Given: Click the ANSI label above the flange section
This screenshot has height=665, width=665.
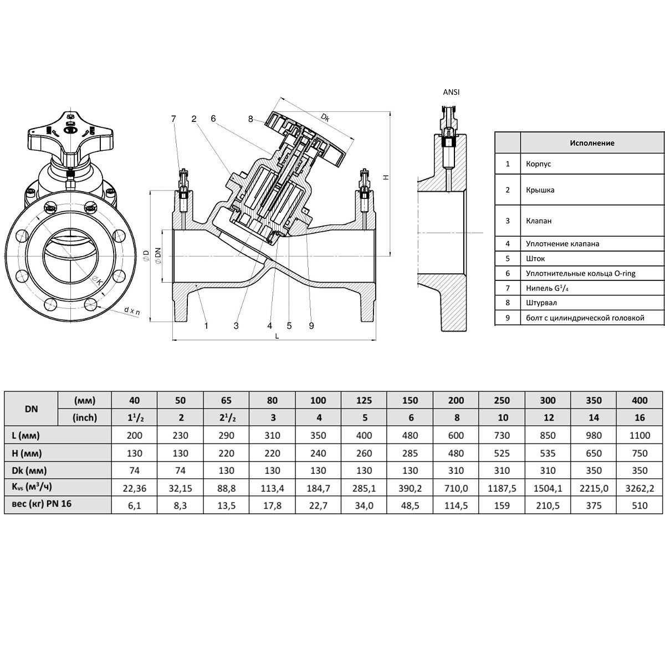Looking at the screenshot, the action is [x=451, y=92].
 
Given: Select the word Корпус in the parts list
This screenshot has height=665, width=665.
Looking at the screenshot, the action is [x=538, y=163].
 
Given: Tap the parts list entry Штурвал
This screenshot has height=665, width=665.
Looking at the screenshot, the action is [x=541, y=303].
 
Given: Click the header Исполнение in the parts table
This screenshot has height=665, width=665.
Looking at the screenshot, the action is [x=592, y=143].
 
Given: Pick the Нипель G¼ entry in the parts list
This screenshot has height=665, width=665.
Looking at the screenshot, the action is [x=547, y=288].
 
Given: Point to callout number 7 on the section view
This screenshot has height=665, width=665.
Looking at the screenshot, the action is [x=173, y=119].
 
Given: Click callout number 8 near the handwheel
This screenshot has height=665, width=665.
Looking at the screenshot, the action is [x=250, y=119].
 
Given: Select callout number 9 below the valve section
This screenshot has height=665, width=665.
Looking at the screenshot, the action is [x=311, y=325].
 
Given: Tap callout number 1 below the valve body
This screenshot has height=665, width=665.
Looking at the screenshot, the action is [x=206, y=325].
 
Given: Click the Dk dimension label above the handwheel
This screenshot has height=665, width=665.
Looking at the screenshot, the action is [x=325, y=117].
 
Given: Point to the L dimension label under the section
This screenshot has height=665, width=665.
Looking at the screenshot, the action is [x=277, y=336].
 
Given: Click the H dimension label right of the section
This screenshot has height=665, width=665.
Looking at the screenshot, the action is [x=386, y=177].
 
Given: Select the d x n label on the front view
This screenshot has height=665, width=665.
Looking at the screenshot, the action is [x=132, y=311].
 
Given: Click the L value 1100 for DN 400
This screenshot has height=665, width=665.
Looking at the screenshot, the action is [x=640, y=435].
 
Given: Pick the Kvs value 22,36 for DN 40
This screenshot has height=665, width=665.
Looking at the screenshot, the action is [x=134, y=488].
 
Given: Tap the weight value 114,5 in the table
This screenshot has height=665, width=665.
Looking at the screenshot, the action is [x=456, y=505].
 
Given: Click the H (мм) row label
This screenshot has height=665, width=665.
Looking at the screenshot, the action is [x=27, y=453].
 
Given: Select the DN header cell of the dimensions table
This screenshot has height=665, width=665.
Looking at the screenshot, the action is [x=31, y=409].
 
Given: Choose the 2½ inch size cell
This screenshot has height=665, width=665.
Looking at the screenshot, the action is [x=226, y=418].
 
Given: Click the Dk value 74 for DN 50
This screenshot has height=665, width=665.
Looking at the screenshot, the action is [x=180, y=470].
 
